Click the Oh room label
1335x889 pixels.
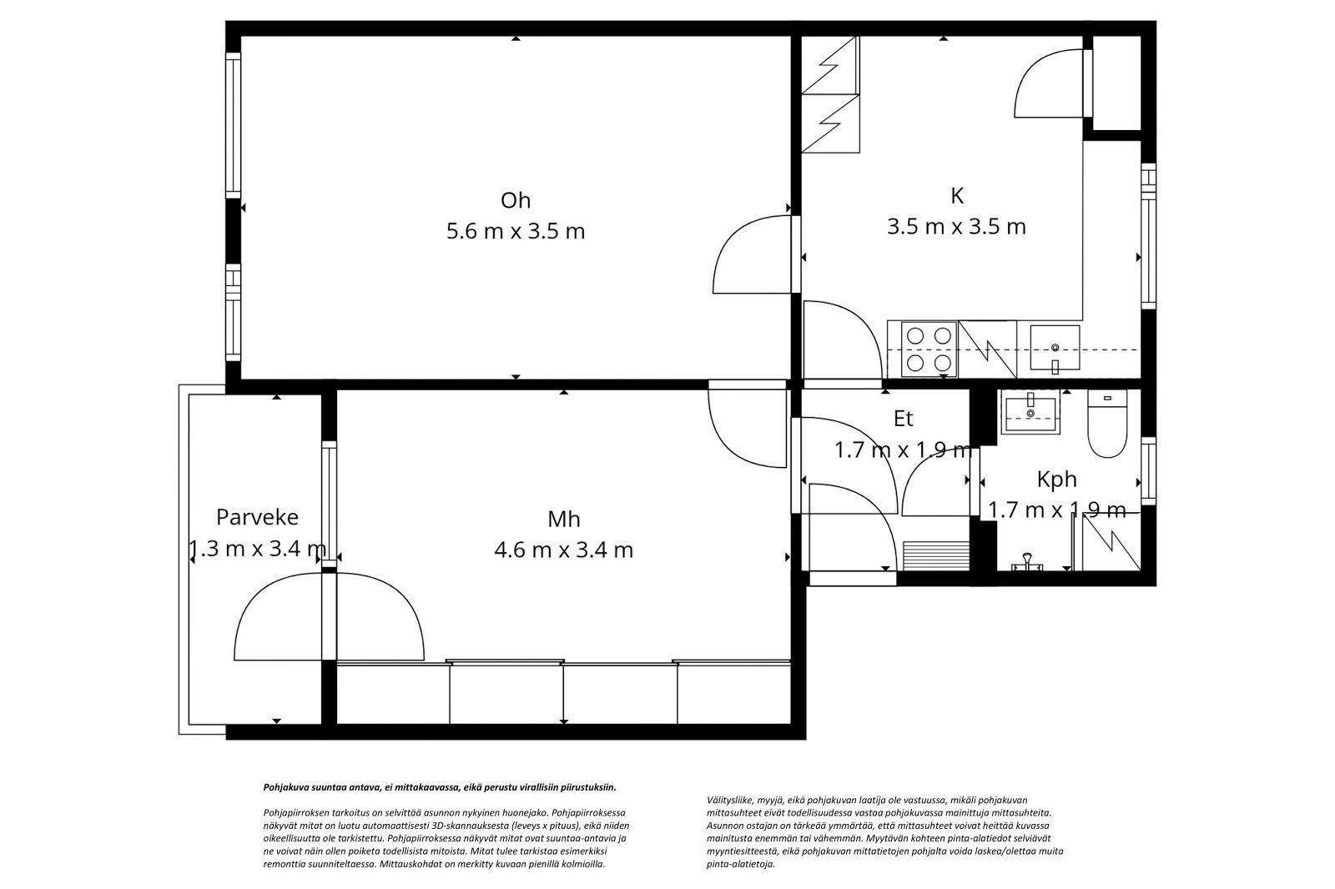coord(515,200)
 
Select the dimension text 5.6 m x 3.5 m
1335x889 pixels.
coord(515,231)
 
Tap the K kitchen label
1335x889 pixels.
coord(956,196)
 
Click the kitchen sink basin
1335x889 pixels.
coord(1055,348)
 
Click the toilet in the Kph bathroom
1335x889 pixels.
coord(1107,426)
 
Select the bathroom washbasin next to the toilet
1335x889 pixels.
coord(1030,412)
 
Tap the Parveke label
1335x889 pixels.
coord(257,517)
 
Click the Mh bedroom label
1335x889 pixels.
coord(563,520)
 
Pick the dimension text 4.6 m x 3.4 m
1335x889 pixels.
coord(563,550)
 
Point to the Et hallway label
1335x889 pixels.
coord(903,419)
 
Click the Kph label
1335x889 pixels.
coord(1056,480)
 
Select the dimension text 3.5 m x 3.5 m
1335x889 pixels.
coord(956,227)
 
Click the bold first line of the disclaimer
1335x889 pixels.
coord(439,786)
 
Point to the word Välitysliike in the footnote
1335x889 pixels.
coord(728,799)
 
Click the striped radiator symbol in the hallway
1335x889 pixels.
coord(935,555)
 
